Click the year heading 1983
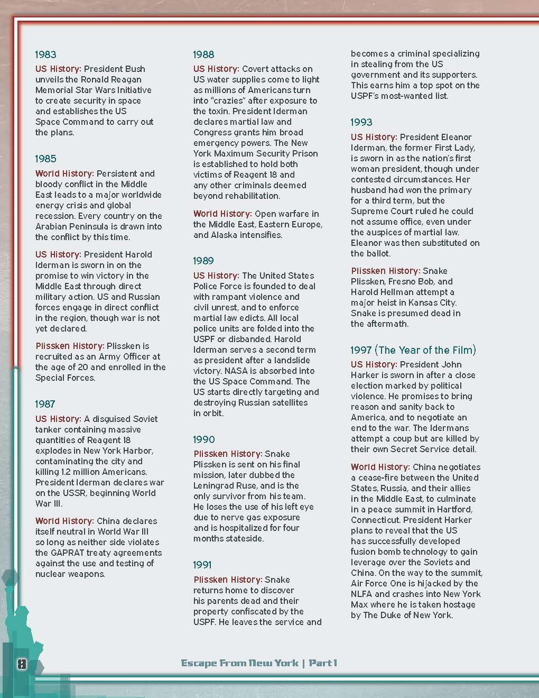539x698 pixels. [x=45, y=54]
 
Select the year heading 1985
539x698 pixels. [x=45, y=159]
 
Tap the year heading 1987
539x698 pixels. [x=45, y=404]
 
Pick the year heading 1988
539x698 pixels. [x=203, y=54]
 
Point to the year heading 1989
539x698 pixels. [x=203, y=261]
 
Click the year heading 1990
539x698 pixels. [x=204, y=439]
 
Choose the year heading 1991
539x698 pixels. [x=203, y=565]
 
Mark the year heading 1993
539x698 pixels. [x=361, y=123]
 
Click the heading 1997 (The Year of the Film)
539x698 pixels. [x=413, y=350]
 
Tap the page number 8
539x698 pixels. [x=22, y=664]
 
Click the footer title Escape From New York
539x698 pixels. [x=239, y=663]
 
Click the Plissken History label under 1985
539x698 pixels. [x=70, y=346]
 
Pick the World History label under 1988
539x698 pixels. [x=222, y=214]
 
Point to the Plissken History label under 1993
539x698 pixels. [x=385, y=271]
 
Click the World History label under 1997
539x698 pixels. [x=380, y=467]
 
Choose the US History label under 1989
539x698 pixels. [x=216, y=275]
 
